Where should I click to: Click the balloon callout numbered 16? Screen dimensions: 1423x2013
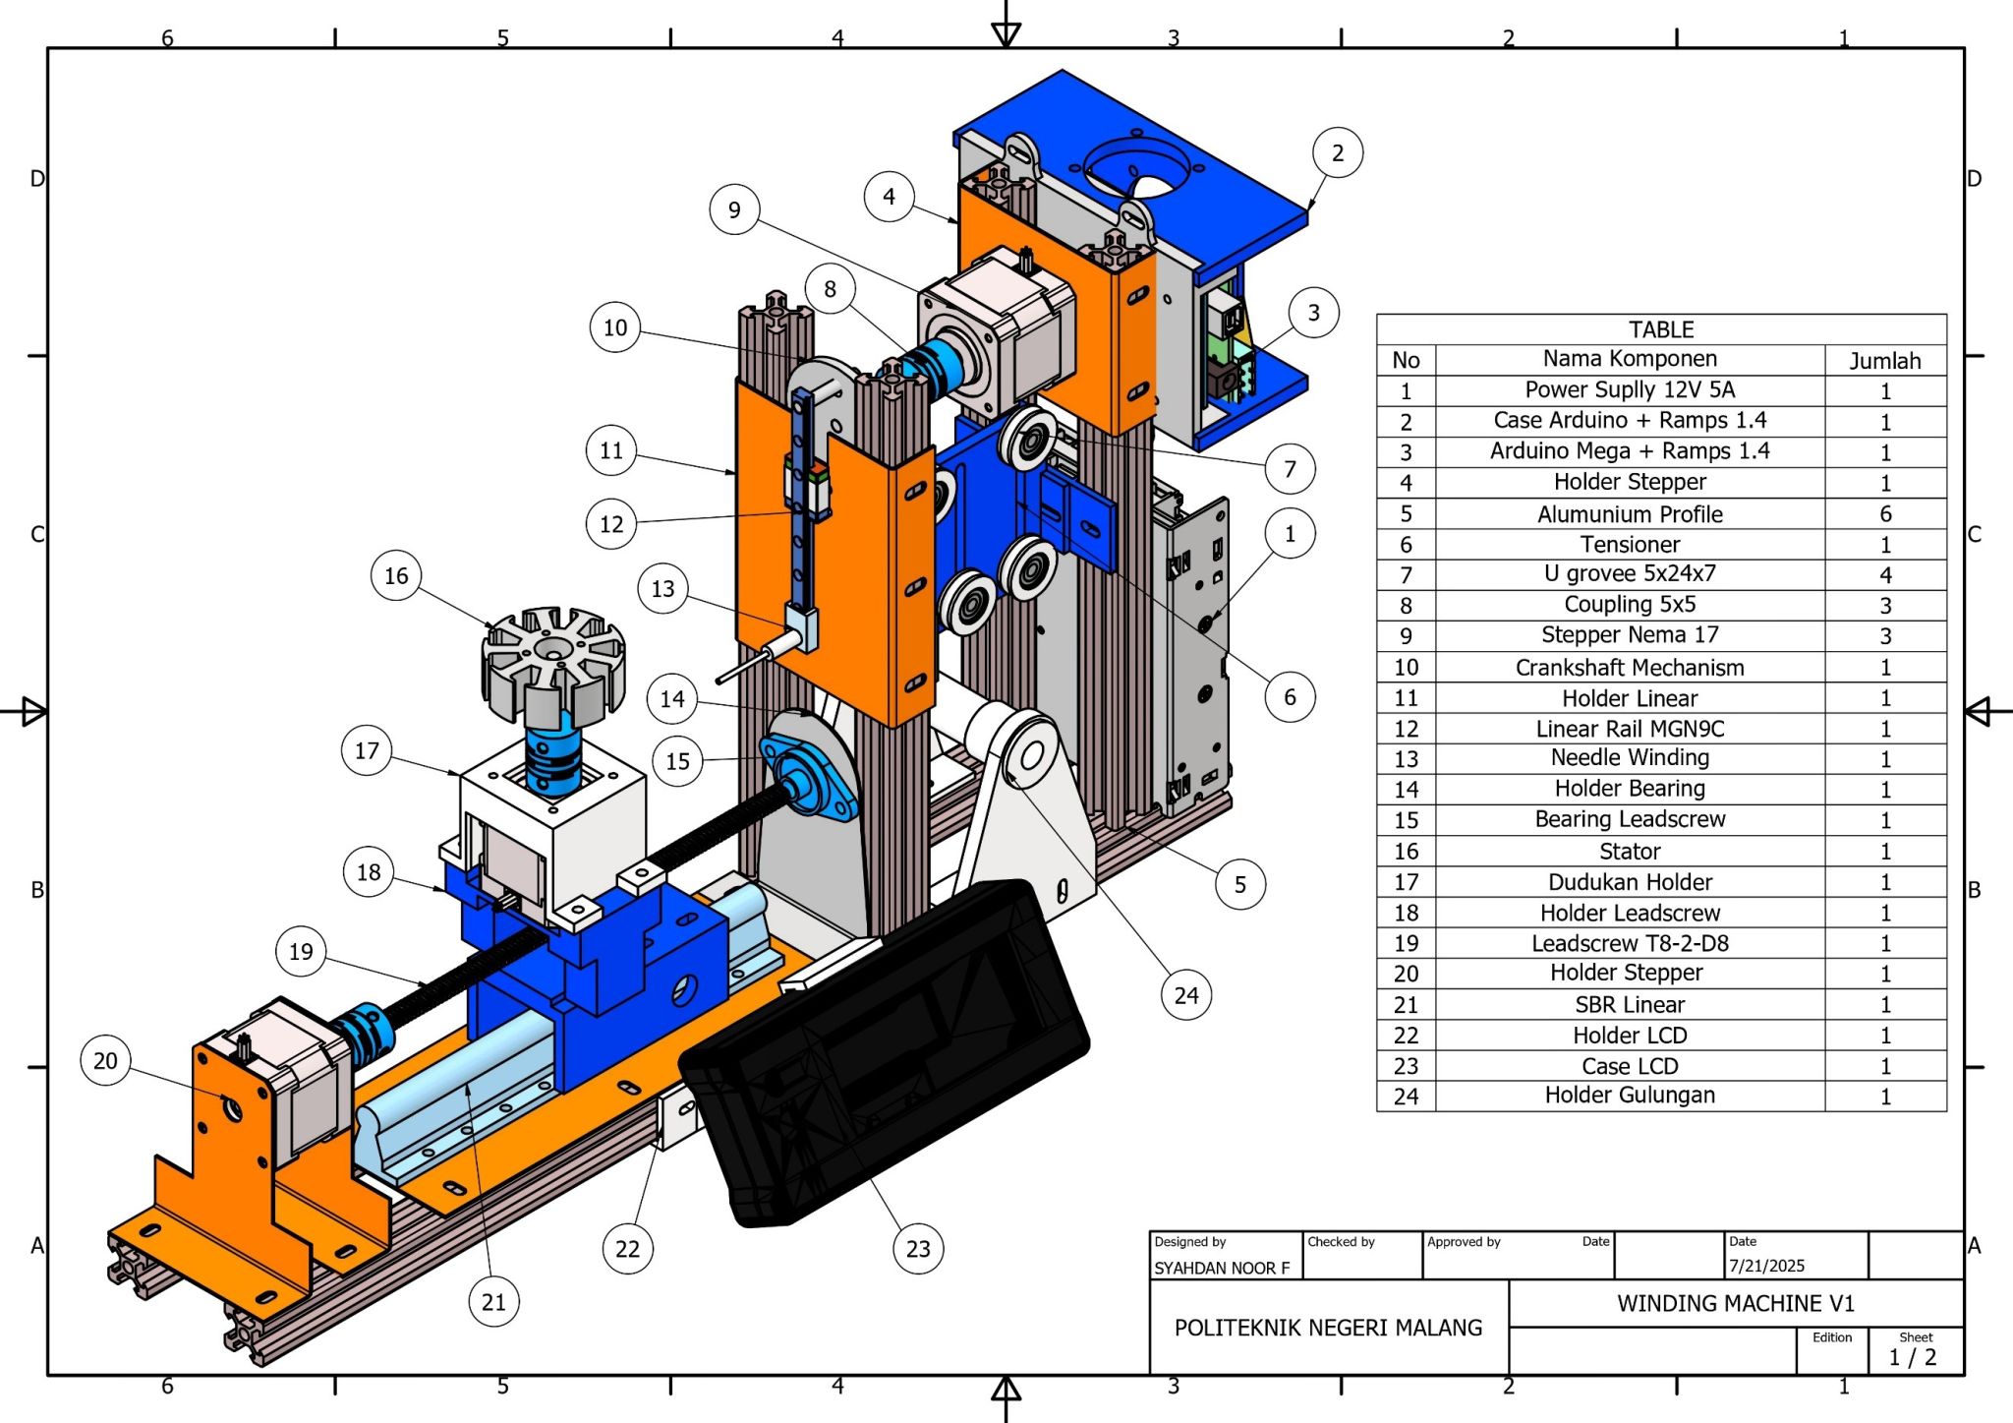tap(396, 575)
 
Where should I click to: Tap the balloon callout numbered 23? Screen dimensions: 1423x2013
tap(918, 1248)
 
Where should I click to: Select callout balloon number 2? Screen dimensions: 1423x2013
tap(1337, 152)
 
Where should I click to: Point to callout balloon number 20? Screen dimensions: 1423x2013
tap(105, 1060)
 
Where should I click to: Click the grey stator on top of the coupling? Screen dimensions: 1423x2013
tap(553, 657)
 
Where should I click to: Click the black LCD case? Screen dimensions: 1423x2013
tap(885, 1052)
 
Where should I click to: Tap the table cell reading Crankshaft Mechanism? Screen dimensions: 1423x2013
tap(1629, 668)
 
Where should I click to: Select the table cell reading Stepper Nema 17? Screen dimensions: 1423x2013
tap(1629, 635)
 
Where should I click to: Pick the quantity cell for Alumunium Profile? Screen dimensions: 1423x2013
tap(1884, 513)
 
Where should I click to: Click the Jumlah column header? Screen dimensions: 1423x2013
tap(1884, 361)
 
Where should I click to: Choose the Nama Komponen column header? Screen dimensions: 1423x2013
tap(1629, 359)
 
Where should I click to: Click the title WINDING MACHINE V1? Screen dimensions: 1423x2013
tap(1735, 1303)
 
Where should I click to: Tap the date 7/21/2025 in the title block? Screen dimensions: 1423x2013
tap(1766, 1266)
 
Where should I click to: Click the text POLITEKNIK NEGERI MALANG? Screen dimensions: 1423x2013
tap(1328, 1328)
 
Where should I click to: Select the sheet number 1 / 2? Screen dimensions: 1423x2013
tap(1912, 1357)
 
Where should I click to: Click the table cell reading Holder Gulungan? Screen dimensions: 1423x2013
tap(1629, 1096)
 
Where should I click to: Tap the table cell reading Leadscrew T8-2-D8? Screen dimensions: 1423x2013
tap(1629, 943)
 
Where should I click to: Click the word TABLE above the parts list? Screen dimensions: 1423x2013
tap(1660, 329)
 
